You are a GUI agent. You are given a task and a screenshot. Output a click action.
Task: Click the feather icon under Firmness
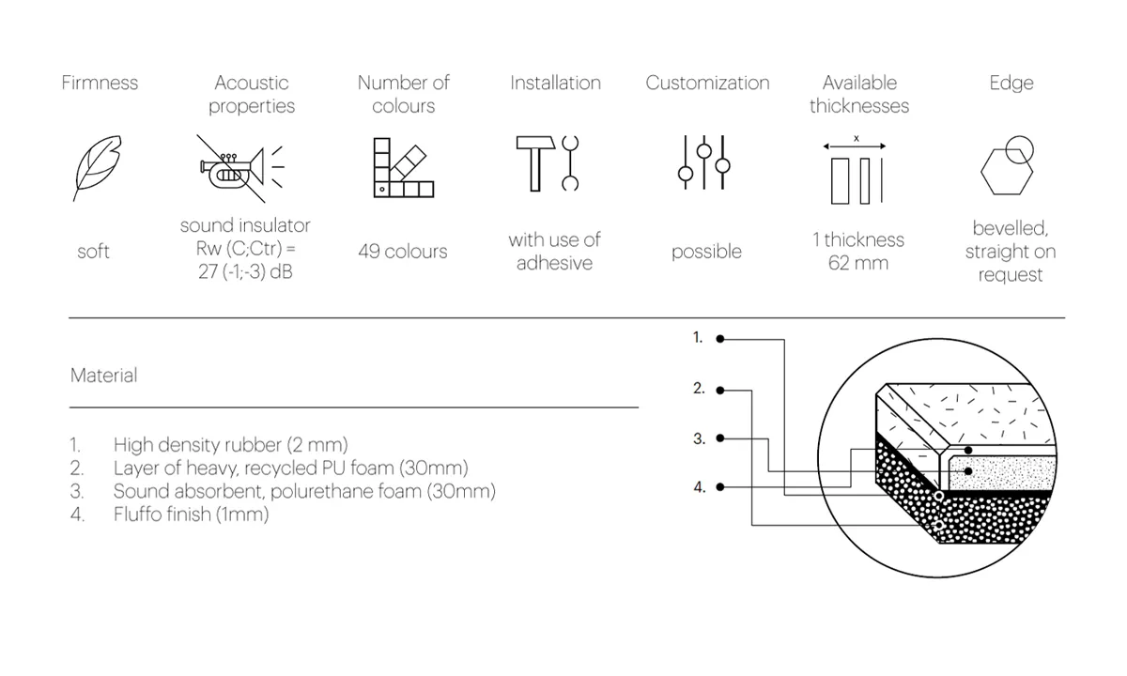click(x=97, y=168)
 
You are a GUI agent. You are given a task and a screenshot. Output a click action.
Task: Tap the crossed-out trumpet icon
click(x=241, y=168)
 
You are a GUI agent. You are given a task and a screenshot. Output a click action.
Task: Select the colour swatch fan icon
click(x=404, y=167)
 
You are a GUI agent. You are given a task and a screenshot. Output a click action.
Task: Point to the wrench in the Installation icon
click(x=570, y=163)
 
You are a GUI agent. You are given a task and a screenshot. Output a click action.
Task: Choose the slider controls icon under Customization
click(x=703, y=162)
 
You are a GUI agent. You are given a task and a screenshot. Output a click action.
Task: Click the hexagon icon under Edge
click(x=1007, y=172)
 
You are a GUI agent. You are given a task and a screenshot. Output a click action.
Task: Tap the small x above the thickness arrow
click(x=857, y=138)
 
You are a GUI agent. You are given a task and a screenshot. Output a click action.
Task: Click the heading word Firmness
click(x=100, y=83)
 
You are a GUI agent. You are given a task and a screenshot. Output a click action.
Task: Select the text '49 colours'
click(x=403, y=251)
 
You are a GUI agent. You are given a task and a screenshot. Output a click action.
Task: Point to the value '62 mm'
click(x=858, y=263)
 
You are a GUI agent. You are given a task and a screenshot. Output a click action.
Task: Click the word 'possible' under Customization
click(x=706, y=252)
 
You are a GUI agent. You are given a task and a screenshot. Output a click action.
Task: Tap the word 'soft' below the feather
click(x=94, y=251)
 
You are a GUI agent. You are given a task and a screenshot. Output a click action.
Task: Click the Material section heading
click(x=103, y=376)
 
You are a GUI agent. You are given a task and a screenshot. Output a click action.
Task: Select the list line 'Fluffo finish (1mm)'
click(x=192, y=515)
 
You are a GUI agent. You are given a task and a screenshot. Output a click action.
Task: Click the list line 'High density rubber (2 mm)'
click(x=230, y=445)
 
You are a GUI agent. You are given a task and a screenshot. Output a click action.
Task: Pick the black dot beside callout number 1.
click(x=720, y=339)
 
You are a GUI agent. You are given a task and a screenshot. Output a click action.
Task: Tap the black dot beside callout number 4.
click(x=720, y=487)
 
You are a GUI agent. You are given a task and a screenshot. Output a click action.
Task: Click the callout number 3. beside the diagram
click(x=700, y=438)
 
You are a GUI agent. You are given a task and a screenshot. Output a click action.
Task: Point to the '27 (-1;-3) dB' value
click(x=245, y=271)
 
